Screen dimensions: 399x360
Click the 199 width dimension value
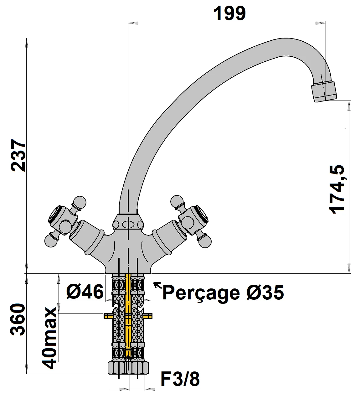click(229, 13)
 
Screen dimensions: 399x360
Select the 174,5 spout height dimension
click(337, 189)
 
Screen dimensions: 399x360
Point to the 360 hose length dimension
click(18, 319)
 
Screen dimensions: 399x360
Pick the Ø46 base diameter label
click(85, 292)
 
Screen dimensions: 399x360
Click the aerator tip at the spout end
click(324, 91)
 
